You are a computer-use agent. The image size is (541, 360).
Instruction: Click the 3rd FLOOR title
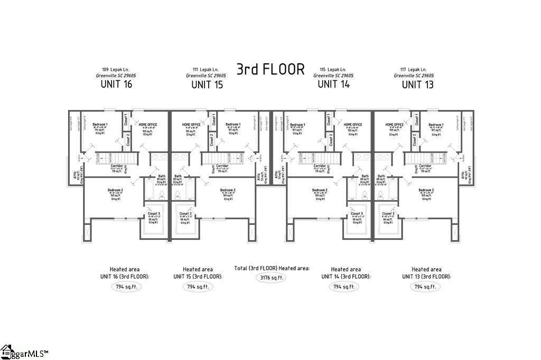pyautogui.click(x=270, y=70)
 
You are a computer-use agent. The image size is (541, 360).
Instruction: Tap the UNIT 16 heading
pyautogui.click(x=116, y=84)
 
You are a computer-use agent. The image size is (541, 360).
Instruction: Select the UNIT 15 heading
pyautogui.click(x=207, y=84)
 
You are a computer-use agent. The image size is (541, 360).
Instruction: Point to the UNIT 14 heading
pyautogui.click(x=334, y=84)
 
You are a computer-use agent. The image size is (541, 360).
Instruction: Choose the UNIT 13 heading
pyautogui.click(x=417, y=84)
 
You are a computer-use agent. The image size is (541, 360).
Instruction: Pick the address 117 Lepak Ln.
pyautogui.click(x=413, y=69)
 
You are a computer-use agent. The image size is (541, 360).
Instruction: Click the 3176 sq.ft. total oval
pyautogui.click(x=272, y=278)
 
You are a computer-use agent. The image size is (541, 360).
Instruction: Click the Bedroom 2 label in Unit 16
pyautogui.click(x=115, y=190)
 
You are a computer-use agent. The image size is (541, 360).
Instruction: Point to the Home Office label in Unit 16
pyautogui.click(x=148, y=125)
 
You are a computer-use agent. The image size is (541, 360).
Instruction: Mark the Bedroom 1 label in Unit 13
pyautogui.click(x=436, y=125)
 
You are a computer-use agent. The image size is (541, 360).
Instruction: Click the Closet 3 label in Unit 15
pyautogui.click(x=185, y=214)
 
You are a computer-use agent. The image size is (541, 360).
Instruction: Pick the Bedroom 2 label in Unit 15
pyautogui.click(x=228, y=190)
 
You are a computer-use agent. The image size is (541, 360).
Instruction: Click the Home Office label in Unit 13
pyautogui.click(x=395, y=125)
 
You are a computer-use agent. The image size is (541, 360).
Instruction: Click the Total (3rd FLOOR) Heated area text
pyautogui.click(x=272, y=268)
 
